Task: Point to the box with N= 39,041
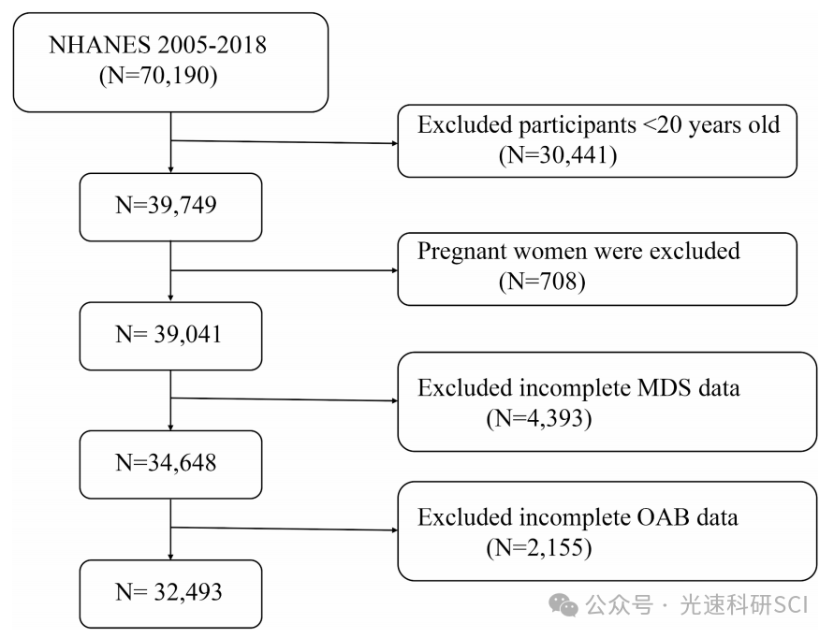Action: pyautogui.click(x=168, y=334)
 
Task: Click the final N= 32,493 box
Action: pyautogui.click(x=168, y=591)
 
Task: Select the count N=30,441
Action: pyautogui.click(x=556, y=155)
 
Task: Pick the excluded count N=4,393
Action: pyautogui.click(x=538, y=418)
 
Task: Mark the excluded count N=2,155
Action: pyautogui.click(x=538, y=547)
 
